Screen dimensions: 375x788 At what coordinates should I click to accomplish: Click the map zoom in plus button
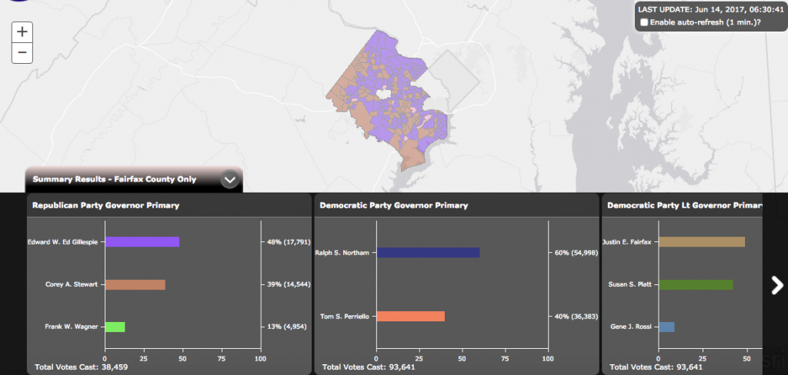pos(22,32)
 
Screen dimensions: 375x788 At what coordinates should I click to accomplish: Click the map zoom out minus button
pos(22,53)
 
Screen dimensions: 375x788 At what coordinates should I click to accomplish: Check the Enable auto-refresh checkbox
pos(644,22)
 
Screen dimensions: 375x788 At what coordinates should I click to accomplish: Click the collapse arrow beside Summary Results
pos(231,179)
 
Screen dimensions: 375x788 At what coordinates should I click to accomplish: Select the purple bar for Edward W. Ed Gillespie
pos(142,241)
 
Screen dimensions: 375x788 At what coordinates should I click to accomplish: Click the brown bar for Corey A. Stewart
pos(135,284)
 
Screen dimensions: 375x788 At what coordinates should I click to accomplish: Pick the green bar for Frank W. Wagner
pos(115,327)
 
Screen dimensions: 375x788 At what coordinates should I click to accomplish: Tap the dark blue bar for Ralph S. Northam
pos(428,252)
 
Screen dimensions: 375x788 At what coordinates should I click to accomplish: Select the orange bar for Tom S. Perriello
pos(410,316)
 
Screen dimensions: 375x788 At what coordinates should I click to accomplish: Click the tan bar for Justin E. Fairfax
pos(701,241)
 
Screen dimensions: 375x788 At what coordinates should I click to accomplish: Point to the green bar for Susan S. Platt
pos(696,284)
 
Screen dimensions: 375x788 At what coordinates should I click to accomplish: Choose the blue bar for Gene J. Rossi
pos(666,327)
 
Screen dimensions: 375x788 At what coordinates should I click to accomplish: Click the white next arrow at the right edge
pos(776,285)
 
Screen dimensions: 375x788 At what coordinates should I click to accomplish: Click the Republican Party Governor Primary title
pos(105,205)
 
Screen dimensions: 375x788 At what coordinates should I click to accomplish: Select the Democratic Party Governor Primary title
pos(393,205)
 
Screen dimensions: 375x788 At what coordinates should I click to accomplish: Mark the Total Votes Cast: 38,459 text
pos(80,367)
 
